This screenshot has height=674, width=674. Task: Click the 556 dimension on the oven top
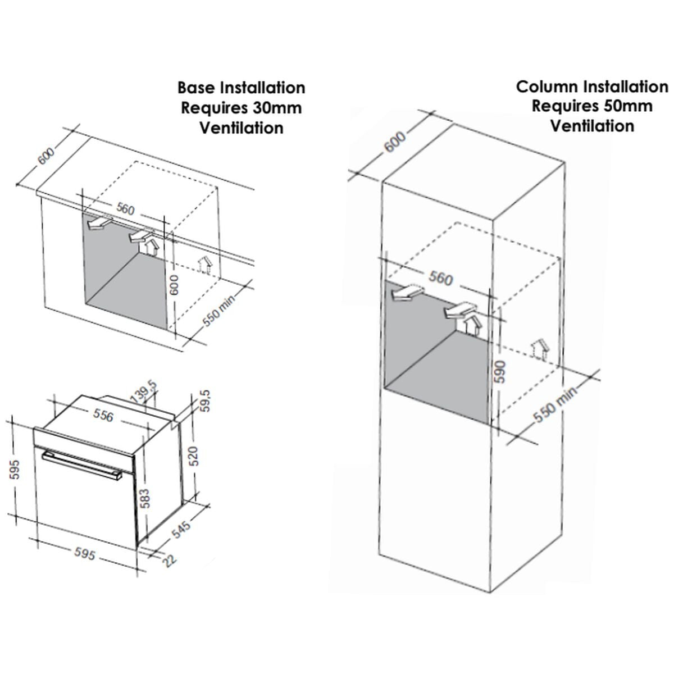103,415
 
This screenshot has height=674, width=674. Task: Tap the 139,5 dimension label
144,392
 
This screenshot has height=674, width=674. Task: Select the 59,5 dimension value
206,401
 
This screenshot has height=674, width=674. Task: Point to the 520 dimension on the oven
194,456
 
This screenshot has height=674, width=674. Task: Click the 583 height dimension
145,498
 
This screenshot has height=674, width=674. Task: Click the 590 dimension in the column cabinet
500,371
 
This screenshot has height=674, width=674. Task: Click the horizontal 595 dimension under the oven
85,553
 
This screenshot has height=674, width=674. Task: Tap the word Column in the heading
545,86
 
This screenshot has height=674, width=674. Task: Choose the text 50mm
628,106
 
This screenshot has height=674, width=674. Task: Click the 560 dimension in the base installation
125,209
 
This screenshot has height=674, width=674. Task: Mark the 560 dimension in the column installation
440,279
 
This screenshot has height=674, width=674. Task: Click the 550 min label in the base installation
219,311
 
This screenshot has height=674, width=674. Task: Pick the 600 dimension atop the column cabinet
395,142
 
